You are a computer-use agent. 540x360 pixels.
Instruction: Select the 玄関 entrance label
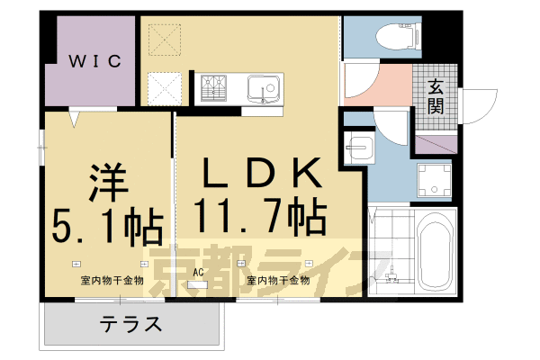(436, 97)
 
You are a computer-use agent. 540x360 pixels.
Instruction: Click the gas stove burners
(217, 88)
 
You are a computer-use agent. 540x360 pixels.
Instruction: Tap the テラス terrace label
(130, 323)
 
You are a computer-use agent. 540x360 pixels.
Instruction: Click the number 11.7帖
(259, 216)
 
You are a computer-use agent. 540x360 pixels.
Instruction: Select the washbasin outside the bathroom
(359, 148)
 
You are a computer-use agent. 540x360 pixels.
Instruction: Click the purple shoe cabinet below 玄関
(436, 140)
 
